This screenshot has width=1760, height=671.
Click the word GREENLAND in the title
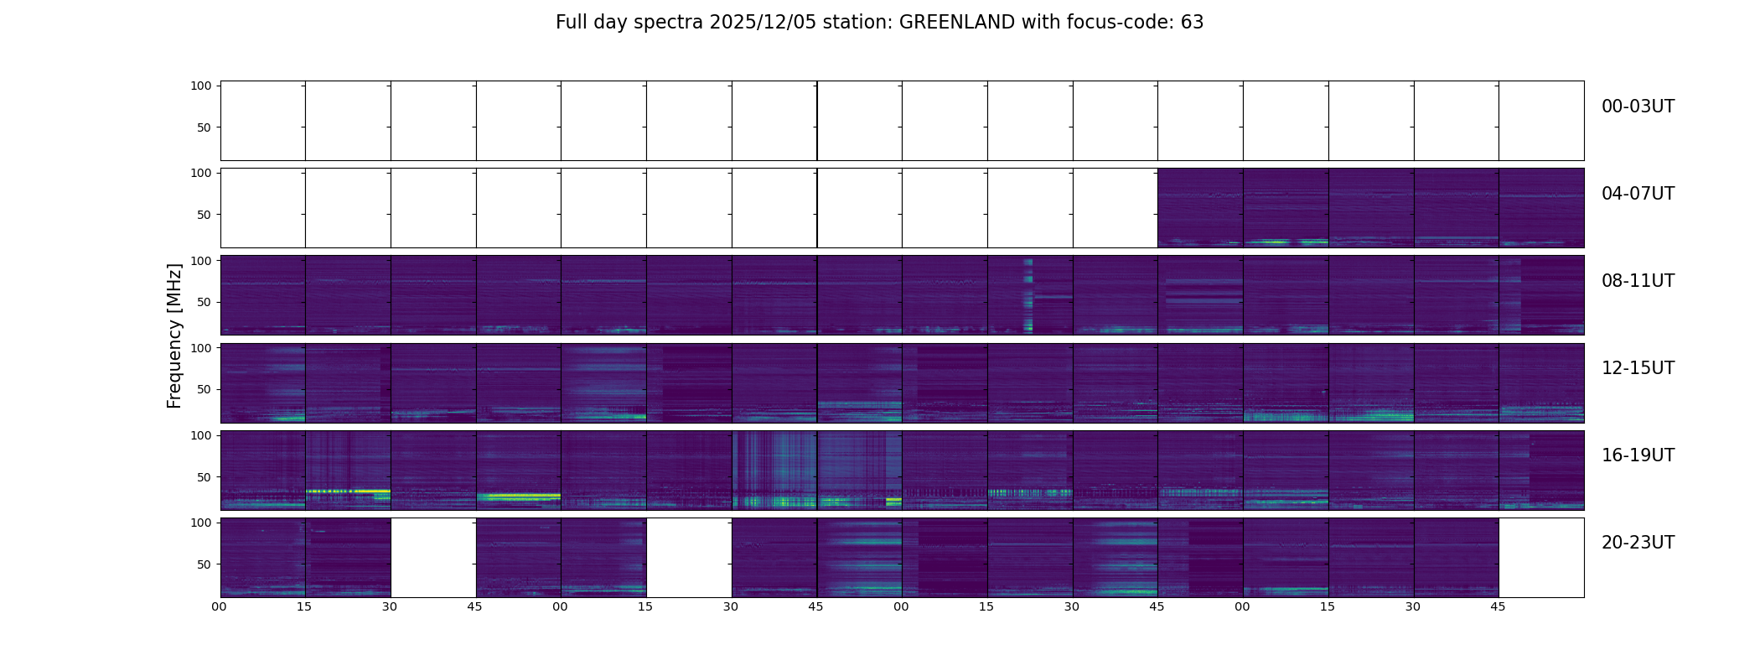(956, 23)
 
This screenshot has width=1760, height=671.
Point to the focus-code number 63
(1192, 23)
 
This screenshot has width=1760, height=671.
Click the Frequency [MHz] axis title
(174, 336)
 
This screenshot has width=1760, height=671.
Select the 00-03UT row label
(1638, 107)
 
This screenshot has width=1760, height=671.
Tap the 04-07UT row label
(1638, 194)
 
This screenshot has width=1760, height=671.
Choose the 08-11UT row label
(1638, 281)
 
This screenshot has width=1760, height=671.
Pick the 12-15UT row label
(1638, 368)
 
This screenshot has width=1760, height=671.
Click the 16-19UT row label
(1638, 455)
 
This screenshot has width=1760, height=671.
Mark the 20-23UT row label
(1638, 543)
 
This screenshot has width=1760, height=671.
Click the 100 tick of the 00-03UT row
(201, 86)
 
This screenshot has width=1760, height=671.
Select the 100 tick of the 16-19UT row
(201, 435)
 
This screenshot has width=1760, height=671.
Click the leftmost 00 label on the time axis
(220, 606)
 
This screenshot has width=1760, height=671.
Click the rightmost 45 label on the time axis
(1498, 606)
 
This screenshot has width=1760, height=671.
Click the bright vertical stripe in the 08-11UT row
(1028, 295)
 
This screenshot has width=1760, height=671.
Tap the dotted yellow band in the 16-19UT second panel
(348, 491)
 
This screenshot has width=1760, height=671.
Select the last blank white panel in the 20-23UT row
(1540, 558)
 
